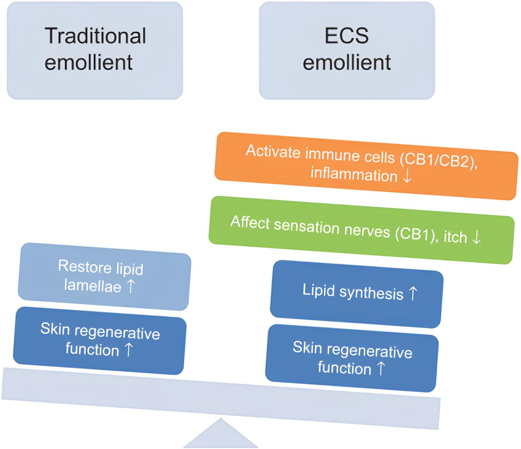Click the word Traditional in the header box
[x=95, y=35]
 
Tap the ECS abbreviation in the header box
[x=346, y=35]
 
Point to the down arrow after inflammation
[x=407, y=176]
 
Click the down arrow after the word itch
[x=476, y=238]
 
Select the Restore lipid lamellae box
[x=104, y=277]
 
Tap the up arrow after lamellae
[x=131, y=286]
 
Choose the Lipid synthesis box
[x=356, y=294]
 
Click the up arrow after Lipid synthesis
[x=413, y=294]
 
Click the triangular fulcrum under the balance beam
[x=221, y=435]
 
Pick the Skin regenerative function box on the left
[x=99, y=340]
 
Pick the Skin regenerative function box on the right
[x=352, y=358]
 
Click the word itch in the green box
[x=455, y=237]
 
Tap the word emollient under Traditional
[x=88, y=62]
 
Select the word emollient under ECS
[x=346, y=62]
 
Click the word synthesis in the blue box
[x=371, y=293]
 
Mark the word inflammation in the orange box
[x=354, y=174]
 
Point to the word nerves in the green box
[x=365, y=230]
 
